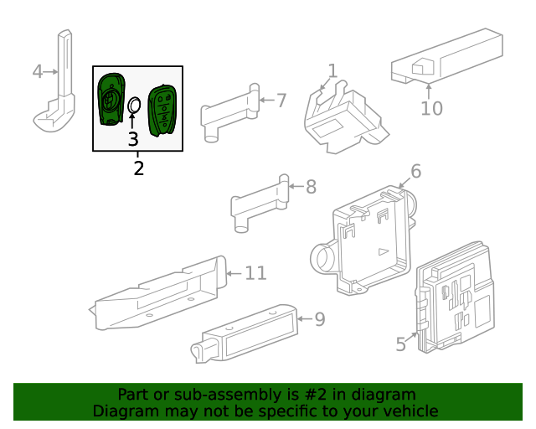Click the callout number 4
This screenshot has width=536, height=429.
click(37, 71)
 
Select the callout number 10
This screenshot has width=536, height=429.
click(431, 108)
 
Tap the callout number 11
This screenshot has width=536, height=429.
click(255, 272)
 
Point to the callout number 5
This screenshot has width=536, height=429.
click(401, 344)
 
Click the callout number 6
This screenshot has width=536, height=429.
click(415, 172)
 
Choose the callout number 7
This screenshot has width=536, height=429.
click(281, 101)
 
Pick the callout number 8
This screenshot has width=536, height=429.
click(311, 187)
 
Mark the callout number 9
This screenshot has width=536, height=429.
click(318, 318)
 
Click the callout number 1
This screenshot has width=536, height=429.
click(332, 71)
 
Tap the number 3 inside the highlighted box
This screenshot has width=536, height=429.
click(133, 139)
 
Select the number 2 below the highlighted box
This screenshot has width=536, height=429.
click(138, 168)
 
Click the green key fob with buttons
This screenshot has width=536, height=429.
click(161, 108)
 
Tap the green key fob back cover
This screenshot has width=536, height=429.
click(110, 98)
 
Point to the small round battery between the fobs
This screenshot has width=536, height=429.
click(134, 105)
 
